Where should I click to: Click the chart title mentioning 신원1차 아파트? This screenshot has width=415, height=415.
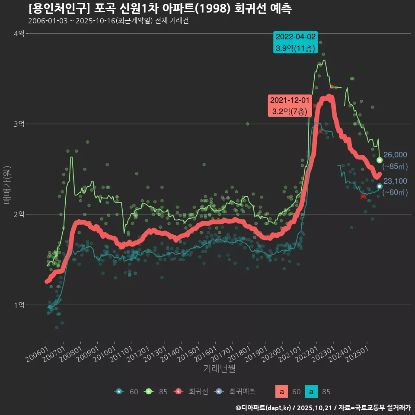tap(160, 9)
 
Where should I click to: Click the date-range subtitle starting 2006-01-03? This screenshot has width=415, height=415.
tap(108, 21)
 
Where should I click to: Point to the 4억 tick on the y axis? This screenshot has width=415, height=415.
tap(19, 34)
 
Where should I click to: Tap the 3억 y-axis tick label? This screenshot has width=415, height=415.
tap(19, 124)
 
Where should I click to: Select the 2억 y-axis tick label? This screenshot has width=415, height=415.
tap(19, 214)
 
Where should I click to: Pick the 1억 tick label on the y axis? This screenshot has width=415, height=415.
tap(19, 305)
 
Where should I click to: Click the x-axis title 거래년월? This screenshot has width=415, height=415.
tap(220, 369)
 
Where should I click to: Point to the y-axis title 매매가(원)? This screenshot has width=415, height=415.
tap(7, 185)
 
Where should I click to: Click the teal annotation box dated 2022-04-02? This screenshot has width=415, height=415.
tap(296, 42)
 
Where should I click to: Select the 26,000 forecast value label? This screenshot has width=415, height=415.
tap(395, 155)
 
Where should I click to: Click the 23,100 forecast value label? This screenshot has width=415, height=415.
tap(395, 181)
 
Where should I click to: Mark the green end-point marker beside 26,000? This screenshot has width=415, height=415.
tap(380, 160)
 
